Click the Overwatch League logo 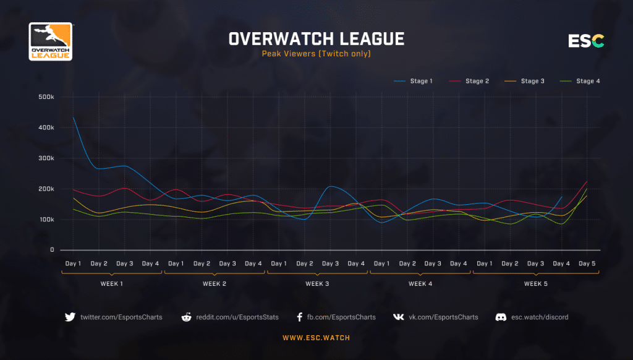(x=51, y=41)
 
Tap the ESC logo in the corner (x=586, y=41)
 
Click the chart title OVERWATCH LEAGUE (x=316, y=39)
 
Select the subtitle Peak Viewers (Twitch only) (x=316, y=54)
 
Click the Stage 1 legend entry (x=414, y=81)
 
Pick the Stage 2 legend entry (x=470, y=81)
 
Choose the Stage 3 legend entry (x=525, y=81)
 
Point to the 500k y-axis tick (x=46, y=97)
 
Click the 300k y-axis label (x=46, y=158)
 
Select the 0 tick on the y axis (x=53, y=250)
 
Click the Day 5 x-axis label (x=587, y=264)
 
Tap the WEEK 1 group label (x=112, y=284)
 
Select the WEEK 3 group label (x=317, y=284)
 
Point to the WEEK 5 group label (x=535, y=284)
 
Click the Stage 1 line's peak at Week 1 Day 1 (x=74, y=118)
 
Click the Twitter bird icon (x=70, y=317)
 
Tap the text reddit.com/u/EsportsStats (x=237, y=317)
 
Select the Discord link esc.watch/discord (x=540, y=317)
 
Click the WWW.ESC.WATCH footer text (x=316, y=338)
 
